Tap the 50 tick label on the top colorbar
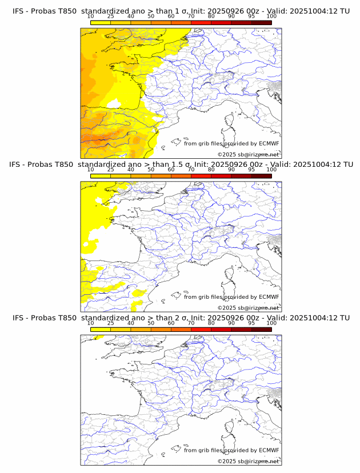tap(151, 16)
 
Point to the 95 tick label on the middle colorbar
tap(251, 170)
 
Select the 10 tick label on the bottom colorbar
tap(90, 323)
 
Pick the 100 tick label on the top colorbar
tap(271, 16)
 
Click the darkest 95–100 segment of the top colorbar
tap(261, 22)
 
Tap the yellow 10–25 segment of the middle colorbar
tap(100, 175)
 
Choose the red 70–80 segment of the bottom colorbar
tap(201, 329)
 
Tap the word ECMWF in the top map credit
tap(269, 143)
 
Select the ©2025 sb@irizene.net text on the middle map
tap(248, 307)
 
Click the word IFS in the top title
tap(18, 11)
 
